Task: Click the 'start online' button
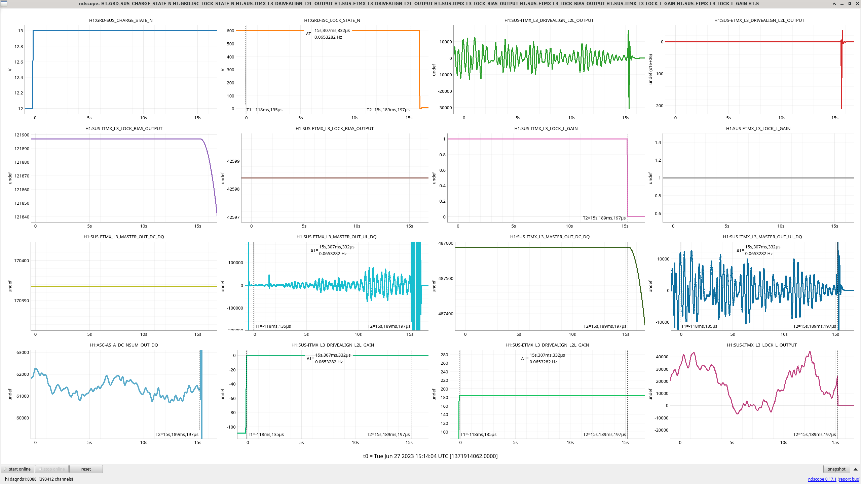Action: [x=17, y=469]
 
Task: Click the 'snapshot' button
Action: [x=836, y=469]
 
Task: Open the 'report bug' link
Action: [x=849, y=479]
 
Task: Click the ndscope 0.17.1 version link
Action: [x=822, y=479]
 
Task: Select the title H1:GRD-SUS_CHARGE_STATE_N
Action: [x=121, y=20]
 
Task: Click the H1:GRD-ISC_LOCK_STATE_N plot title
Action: [x=332, y=20]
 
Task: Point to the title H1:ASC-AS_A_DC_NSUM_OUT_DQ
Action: [x=124, y=345]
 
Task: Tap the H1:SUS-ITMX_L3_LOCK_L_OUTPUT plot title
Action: [x=761, y=345]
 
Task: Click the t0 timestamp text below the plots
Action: [x=430, y=456]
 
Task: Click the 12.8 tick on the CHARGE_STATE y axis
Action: [x=19, y=46]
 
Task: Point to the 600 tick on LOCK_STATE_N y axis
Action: [x=230, y=31]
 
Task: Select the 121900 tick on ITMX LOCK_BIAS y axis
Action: [x=22, y=135]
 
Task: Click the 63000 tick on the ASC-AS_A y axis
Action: [x=23, y=352]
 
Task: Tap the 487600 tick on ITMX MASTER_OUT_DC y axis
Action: [x=446, y=243]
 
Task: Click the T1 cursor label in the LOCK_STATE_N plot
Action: [x=264, y=110]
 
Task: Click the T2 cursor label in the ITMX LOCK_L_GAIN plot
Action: [x=604, y=218]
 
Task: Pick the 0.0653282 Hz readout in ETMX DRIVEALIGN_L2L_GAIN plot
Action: [x=543, y=362]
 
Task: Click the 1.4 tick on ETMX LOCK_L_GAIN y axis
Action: [x=658, y=142]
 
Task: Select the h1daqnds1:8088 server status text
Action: [x=21, y=479]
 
